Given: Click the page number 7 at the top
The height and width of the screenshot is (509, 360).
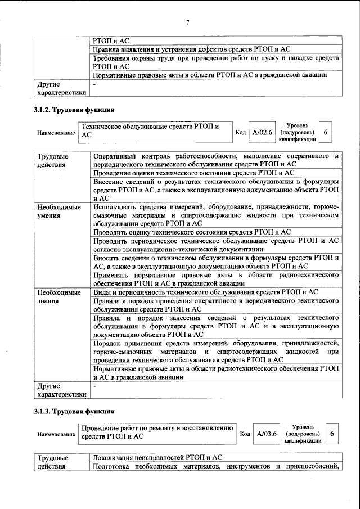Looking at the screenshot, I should (x=188, y=22).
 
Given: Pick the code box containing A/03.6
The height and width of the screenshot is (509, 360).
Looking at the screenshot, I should (x=267, y=434).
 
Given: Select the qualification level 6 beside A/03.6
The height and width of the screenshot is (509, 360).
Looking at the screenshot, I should (x=332, y=434).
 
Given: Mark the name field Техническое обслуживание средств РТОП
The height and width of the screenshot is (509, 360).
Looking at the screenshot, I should (x=155, y=131).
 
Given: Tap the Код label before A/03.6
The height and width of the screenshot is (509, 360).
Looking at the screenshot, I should (x=245, y=434).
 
